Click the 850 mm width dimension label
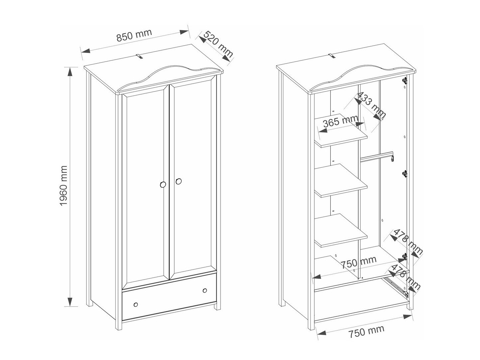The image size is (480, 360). [134, 35]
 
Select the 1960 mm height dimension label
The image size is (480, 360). [64, 185]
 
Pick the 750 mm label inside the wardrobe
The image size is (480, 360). [359, 262]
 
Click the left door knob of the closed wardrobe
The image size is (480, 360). [163, 184]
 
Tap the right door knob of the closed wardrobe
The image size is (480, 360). [178, 181]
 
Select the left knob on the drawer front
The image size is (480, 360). [136, 304]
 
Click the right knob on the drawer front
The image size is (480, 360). [205, 290]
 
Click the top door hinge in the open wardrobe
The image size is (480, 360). [405, 81]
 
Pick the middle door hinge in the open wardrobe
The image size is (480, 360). [405, 174]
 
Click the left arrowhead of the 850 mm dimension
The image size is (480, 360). [85, 51]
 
